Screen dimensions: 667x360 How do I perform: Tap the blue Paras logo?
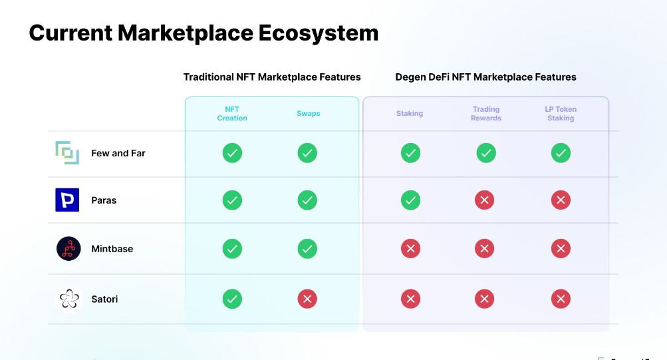(x=67, y=200)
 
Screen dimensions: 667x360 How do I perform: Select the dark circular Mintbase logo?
(x=68, y=248)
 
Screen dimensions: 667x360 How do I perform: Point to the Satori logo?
(x=69, y=299)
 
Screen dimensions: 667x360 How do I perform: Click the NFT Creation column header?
(x=232, y=114)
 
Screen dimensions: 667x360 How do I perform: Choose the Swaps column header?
(x=309, y=114)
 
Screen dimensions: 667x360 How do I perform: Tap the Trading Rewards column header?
(x=486, y=114)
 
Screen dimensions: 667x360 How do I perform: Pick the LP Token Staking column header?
(x=561, y=114)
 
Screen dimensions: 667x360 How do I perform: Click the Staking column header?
(x=410, y=114)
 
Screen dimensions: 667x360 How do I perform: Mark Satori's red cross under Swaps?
(x=307, y=299)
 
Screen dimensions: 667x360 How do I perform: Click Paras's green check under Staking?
(x=410, y=200)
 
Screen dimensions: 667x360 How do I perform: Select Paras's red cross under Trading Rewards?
(x=485, y=200)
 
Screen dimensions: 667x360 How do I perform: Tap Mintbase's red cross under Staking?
(x=410, y=248)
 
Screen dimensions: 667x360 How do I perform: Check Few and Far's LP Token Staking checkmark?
(x=561, y=153)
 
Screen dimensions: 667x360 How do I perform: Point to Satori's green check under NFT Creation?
(x=232, y=299)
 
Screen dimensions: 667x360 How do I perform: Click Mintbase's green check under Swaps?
(x=307, y=248)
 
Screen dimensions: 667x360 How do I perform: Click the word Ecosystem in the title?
(x=318, y=34)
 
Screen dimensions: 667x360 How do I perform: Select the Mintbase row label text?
(x=112, y=249)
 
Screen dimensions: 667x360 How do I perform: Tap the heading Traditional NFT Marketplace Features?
(x=272, y=77)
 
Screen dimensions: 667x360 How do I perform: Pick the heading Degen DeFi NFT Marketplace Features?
(x=486, y=77)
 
